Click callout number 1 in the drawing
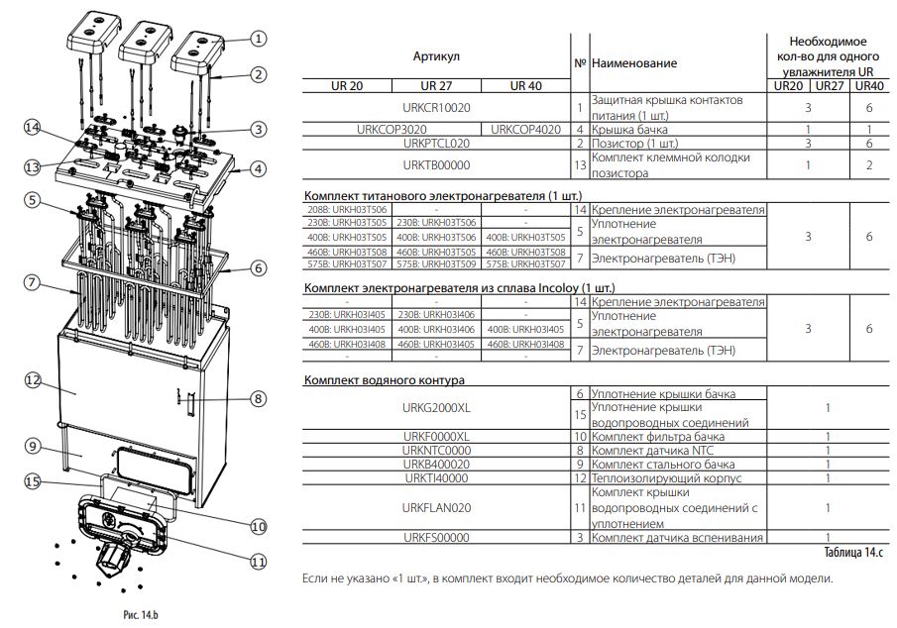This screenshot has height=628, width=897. pyautogui.click(x=258, y=39)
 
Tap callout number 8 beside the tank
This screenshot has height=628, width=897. pyautogui.click(x=258, y=399)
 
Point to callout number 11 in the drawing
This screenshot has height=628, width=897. pyautogui.click(x=259, y=561)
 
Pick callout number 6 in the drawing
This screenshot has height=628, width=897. pyautogui.click(x=258, y=267)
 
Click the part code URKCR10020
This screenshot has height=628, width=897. pyautogui.click(x=436, y=107)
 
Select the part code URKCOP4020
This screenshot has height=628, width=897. pyautogui.click(x=525, y=129)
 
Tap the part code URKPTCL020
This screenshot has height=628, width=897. pyautogui.click(x=436, y=143)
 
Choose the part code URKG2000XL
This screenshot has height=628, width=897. pyautogui.click(x=436, y=408)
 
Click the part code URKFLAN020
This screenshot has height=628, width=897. pyautogui.click(x=436, y=507)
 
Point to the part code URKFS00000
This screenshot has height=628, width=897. pyautogui.click(x=436, y=538)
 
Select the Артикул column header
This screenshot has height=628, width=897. pyautogui.click(x=436, y=57)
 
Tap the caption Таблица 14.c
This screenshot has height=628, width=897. pyautogui.click(x=855, y=551)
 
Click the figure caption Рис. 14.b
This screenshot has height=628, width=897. pyautogui.click(x=141, y=615)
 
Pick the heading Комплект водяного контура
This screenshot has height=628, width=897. pyautogui.click(x=385, y=380)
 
